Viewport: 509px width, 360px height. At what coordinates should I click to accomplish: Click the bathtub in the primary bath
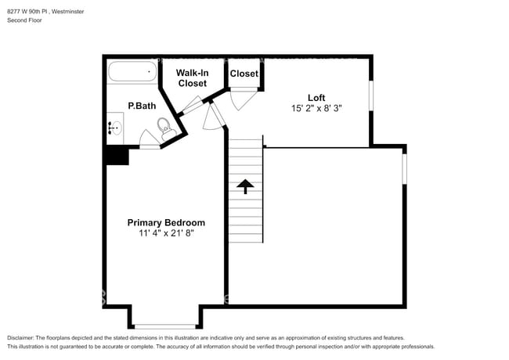click(131, 73)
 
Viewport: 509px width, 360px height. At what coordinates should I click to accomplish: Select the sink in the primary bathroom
click(114, 128)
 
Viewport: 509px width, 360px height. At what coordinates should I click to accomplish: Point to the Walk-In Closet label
click(192, 77)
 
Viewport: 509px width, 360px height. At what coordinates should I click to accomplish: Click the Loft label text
click(317, 98)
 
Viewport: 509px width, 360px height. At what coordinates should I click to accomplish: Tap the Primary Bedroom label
click(166, 222)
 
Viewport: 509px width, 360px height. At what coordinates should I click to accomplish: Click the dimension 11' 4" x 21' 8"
click(166, 233)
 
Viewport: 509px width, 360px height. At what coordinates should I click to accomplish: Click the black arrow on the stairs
click(245, 186)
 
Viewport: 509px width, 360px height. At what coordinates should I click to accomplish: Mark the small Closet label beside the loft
click(244, 74)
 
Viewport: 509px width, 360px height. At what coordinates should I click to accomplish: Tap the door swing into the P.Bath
click(150, 139)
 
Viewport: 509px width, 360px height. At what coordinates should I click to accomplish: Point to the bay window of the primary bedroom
click(164, 326)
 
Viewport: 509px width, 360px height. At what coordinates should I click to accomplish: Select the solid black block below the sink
click(117, 156)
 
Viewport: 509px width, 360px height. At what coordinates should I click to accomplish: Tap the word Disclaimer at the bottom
click(23, 337)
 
